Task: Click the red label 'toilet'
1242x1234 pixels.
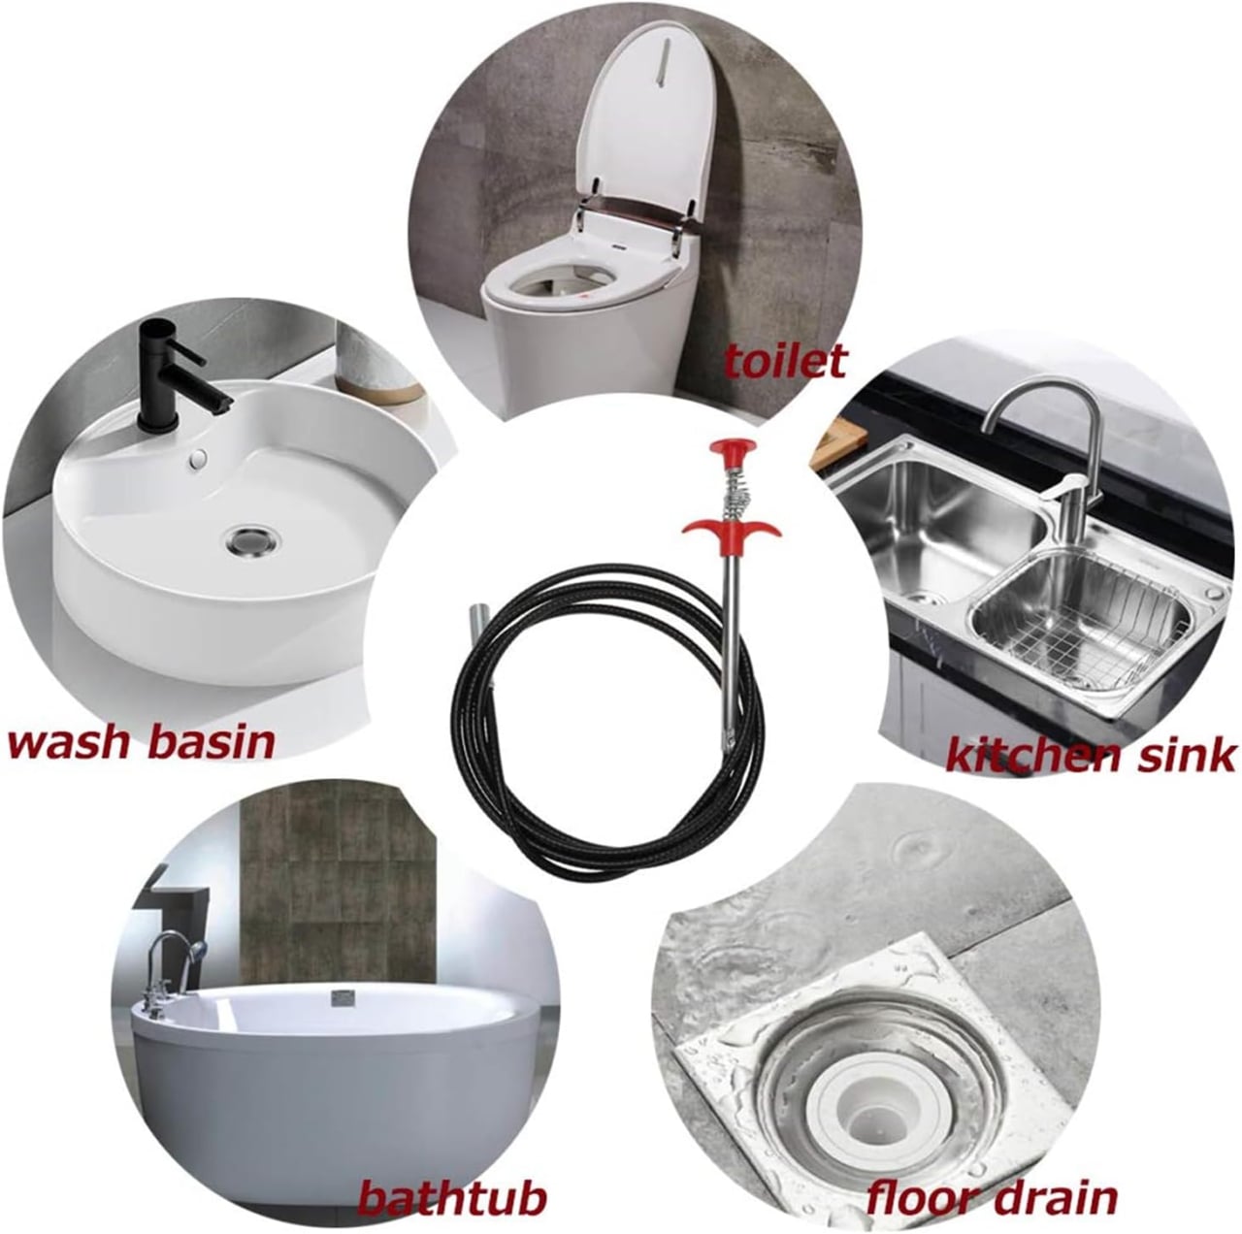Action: pos(785,361)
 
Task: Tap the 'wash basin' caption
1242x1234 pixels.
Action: pos(141,742)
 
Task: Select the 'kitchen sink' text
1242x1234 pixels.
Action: pos(1091,754)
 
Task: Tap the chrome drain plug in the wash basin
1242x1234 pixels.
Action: pos(248,536)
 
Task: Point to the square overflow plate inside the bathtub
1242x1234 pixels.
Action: pos(342,995)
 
